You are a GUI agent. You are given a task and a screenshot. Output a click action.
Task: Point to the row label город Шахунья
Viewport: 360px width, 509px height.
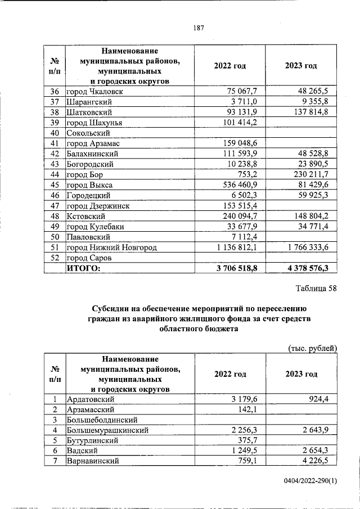94,123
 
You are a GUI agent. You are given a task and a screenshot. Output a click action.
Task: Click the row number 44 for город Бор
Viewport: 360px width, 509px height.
55,174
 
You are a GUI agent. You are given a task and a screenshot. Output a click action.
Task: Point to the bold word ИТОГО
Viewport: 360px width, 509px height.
83,268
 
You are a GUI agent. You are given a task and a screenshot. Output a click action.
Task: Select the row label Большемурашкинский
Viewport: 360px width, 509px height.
107,430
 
